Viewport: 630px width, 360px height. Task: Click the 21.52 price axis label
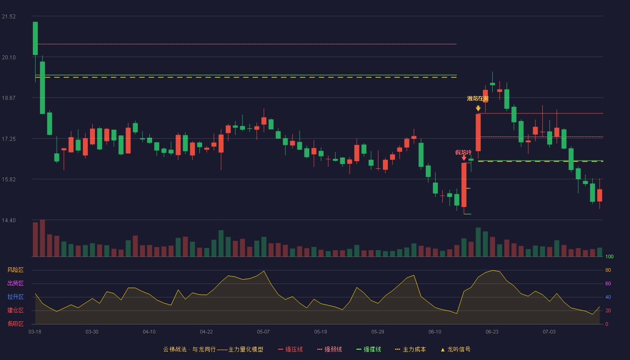(9, 17)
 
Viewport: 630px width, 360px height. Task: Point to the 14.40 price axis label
(9, 220)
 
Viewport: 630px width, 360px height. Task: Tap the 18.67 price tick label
(9, 98)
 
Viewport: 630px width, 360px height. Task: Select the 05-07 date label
(263, 332)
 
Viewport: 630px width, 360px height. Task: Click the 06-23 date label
(492, 332)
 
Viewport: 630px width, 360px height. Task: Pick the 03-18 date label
(35, 332)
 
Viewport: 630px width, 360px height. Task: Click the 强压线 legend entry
(290, 349)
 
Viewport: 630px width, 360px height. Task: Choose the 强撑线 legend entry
(369, 349)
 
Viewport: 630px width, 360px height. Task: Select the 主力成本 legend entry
(410, 349)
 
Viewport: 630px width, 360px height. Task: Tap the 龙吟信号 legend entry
(455, 349)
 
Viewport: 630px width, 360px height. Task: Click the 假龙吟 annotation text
(463, 153)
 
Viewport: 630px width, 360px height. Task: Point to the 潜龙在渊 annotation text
(477, 99)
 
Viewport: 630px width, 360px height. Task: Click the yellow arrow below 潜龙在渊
(478, 108)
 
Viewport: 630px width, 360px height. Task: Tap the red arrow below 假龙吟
(464, 158)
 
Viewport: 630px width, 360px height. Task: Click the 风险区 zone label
(15, 270)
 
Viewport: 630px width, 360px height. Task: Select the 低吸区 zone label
(15, 324)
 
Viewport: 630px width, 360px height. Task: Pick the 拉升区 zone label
(15, 297)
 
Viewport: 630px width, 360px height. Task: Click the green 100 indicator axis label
(609, 256)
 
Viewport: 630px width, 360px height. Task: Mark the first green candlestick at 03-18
(35, 38)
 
